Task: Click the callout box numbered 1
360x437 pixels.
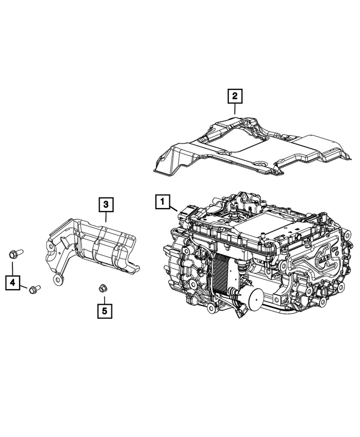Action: pos(161,201)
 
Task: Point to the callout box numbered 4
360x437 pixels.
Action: pos(12,282)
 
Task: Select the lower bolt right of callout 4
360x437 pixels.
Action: pos(33,289)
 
